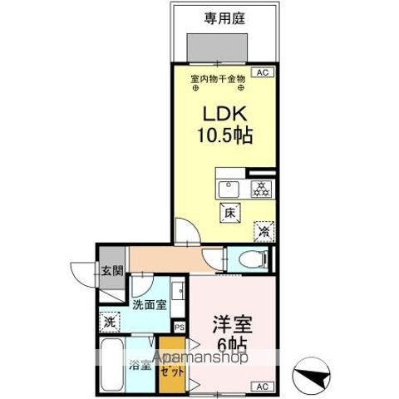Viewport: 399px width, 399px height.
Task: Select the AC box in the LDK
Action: [263, 73]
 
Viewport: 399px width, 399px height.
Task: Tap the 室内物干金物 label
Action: [218, 79]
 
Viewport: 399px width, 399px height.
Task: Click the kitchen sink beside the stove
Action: [229, 187]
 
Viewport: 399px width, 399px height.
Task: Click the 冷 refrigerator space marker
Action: [263, 232]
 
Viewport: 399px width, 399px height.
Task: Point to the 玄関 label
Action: [111, 271]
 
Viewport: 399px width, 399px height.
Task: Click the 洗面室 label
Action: [150, 304]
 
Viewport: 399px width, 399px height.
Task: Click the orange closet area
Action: [173, 359]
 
